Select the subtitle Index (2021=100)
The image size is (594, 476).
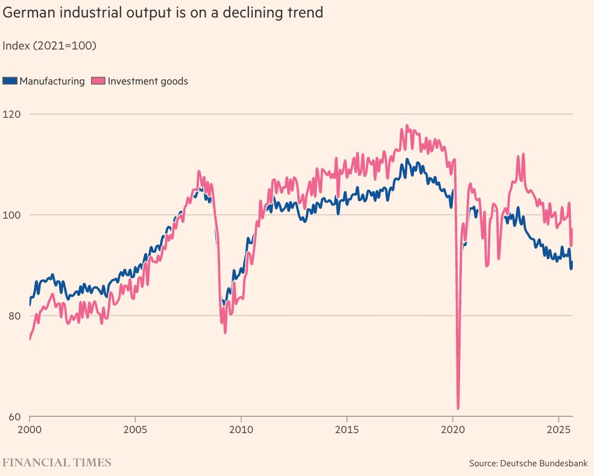[49, 45]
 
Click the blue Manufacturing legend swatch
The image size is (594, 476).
[10, 81]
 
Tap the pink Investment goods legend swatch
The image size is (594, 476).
[98, 81]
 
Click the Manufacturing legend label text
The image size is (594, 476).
[52, 81]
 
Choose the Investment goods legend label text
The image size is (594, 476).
[148, 81]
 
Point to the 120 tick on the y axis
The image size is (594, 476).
[11, 114]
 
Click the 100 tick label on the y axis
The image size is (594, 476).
[11, 215]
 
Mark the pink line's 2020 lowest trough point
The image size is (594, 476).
[458, 408]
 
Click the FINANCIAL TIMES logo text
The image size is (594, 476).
[57, 463]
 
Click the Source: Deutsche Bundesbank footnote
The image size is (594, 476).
[528, 463]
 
